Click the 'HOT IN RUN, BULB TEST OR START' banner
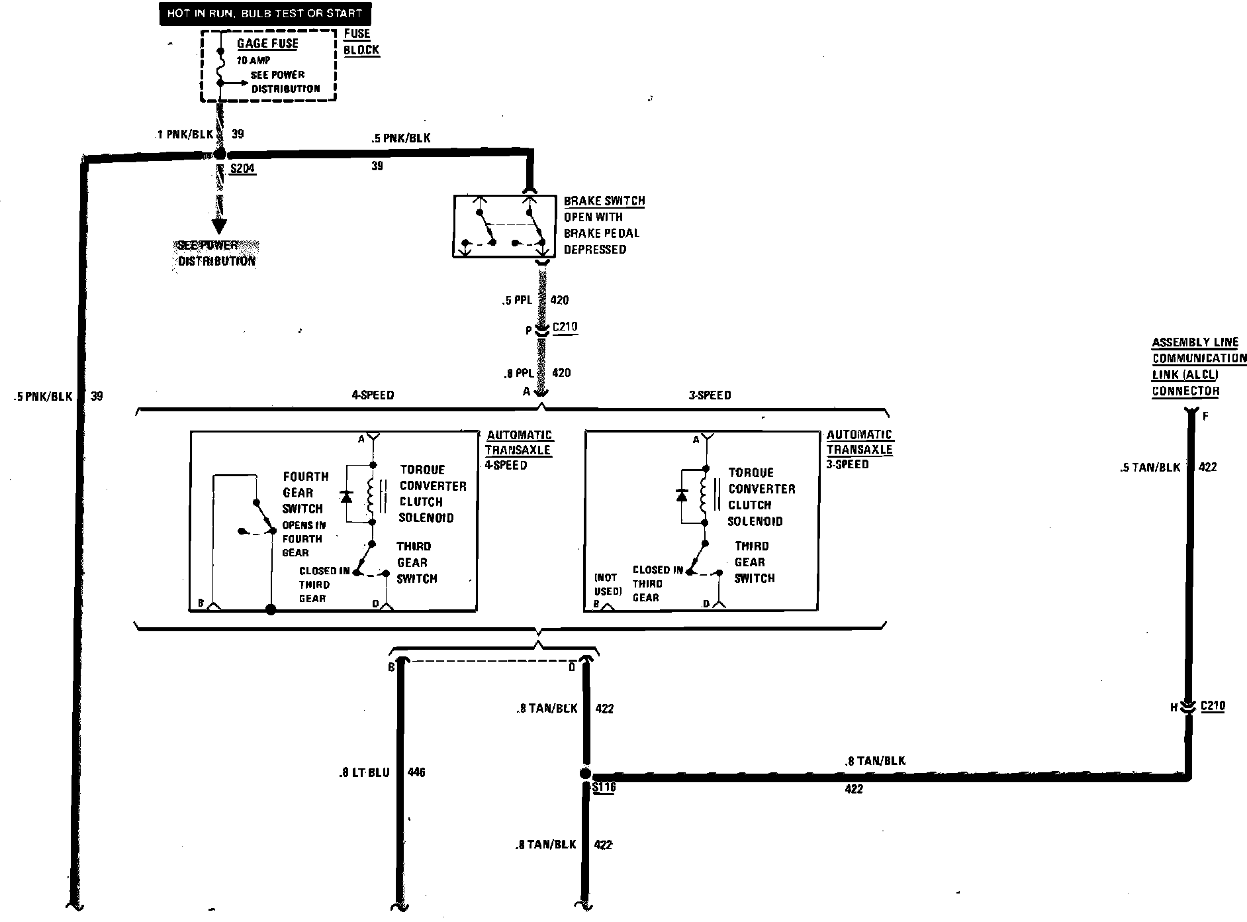[265, 14]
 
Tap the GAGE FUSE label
[267, 44]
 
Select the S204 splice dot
[219, 154]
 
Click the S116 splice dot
[585, 774]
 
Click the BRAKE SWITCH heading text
[604, 201]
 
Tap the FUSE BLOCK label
[361, 42]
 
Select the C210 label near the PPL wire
[565, 327]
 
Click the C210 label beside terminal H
[1212, 706]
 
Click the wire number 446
[416, 772]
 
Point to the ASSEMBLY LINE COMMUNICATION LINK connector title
[1198, 367]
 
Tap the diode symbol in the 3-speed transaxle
[681, 495]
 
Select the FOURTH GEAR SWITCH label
[304, 493]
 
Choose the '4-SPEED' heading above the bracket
[373, 395]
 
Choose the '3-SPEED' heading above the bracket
[710, 395]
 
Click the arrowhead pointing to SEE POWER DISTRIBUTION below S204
[219, 224]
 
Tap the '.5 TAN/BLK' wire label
[1150, 468]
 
